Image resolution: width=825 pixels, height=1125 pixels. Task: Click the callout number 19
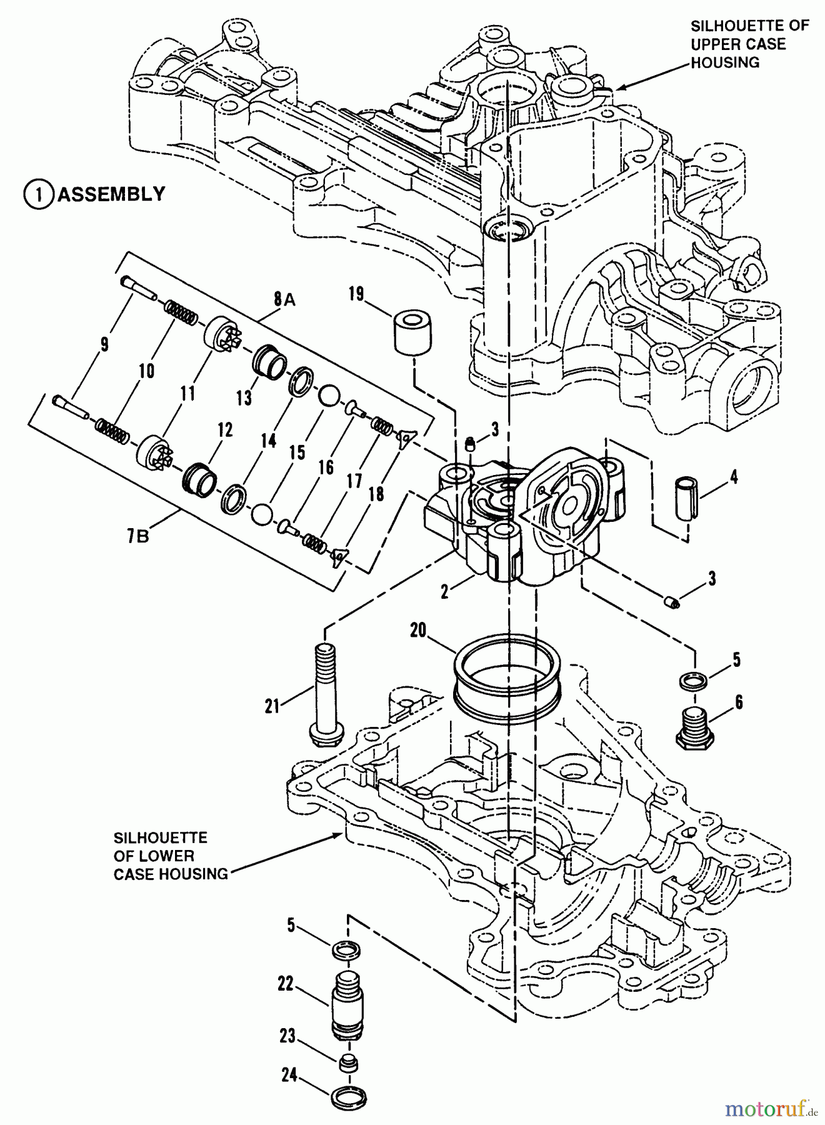tap(357, 294)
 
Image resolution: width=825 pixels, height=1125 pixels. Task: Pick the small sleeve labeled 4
tap(686, 497)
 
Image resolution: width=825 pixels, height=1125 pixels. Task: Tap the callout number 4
tap(733, 477)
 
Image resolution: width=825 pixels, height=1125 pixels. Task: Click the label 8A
tap(284, 300)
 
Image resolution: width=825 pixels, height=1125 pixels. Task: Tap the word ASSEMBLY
tap(112, 194)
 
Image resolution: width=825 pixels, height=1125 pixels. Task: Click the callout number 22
tap(286, 984)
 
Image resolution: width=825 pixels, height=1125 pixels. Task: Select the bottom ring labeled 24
tap(347, 1097)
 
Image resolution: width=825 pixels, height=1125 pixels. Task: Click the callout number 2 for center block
tap(444, 591)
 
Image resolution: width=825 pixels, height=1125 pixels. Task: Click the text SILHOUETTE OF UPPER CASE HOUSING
tap(749, 44)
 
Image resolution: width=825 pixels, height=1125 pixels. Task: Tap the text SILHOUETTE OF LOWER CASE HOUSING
tap(170, 856)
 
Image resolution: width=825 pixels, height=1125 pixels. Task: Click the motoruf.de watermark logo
tap(771, 1109)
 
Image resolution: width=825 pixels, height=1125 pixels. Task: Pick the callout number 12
tap(225, 430)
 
